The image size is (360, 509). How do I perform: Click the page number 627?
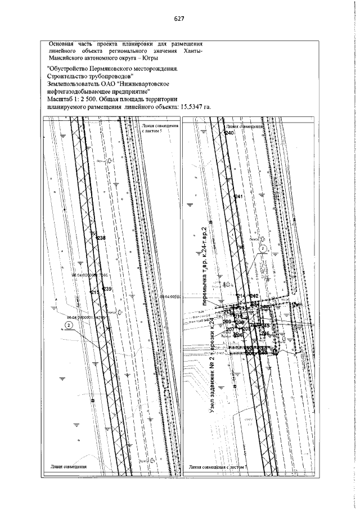pyautogui.click(x=180, y=18)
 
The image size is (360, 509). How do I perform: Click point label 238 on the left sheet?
pyautogui.click(x=101, y=238)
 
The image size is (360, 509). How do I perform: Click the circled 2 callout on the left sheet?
pyautogui.click(x=68, y=325)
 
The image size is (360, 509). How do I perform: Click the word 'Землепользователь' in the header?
pyautogui.click(x=72, y=82)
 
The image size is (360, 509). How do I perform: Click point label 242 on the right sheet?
pyautogui.click(x=254, y=296)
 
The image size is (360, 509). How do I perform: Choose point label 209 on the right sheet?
pyautogui.click(x=227, y=322)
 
